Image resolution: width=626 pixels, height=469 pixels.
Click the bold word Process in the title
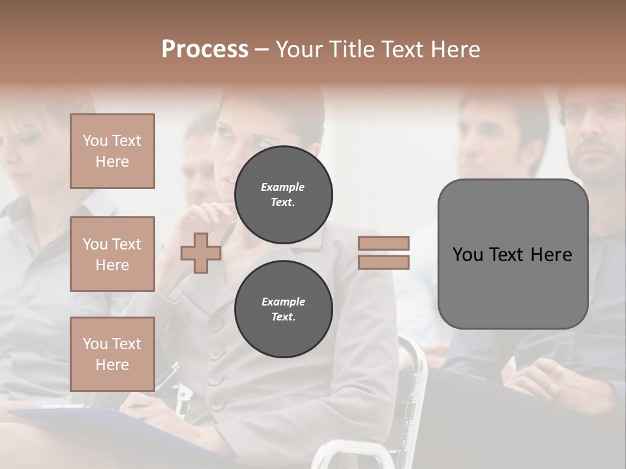pos(205,50)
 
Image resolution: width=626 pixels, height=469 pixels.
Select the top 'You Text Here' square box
pos(112,151)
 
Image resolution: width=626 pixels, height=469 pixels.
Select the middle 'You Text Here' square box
pos(112,254)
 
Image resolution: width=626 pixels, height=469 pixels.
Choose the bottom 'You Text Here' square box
pos(112,354)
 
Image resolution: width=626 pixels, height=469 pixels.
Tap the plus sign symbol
pos(201,253)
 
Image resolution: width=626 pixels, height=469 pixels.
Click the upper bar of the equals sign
pos(384,243)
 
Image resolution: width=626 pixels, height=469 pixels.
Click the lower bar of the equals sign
pos(384,263)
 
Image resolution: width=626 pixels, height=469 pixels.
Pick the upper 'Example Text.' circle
pos(283,195)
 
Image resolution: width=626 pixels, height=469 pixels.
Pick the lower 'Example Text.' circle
pos(283,309)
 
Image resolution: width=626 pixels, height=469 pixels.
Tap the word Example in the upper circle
pos(283,187)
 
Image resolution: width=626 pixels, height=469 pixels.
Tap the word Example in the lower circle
pos(283,302)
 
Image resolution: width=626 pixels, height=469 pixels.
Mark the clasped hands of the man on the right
pos(535,378)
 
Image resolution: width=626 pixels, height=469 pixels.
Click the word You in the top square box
pos(95,141)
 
